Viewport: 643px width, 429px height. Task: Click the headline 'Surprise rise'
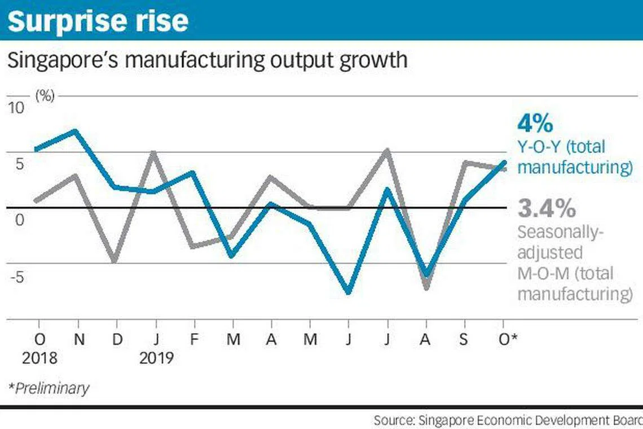pyautogui.click(x=98, y=20)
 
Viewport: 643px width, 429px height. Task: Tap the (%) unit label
pyautogui.click(x=45, y=95)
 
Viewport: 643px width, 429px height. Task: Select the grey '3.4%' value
pyautogui.click(x=547, y=209)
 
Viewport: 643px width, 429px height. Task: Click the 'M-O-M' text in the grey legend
pyautogui.click(x=541, y=274)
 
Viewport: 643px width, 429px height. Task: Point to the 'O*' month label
pyautogui.click(x=507, y=339)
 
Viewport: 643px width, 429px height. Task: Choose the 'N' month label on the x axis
pyautogui.click(x=80, y=339)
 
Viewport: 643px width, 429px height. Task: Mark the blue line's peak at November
pyautogui.click(x=76, y=131)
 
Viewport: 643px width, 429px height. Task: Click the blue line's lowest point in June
pyautogui.click(x=349, y=292)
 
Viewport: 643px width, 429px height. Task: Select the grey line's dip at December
pyautogui.click(x=115, y=260)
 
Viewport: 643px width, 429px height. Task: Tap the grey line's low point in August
pyautogui.click(x=426, y=287)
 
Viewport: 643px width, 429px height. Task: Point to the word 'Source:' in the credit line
pyautogui.click(x=393, y=421)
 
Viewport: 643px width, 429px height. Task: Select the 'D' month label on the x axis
pyautogui.click(x=117, y=339)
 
